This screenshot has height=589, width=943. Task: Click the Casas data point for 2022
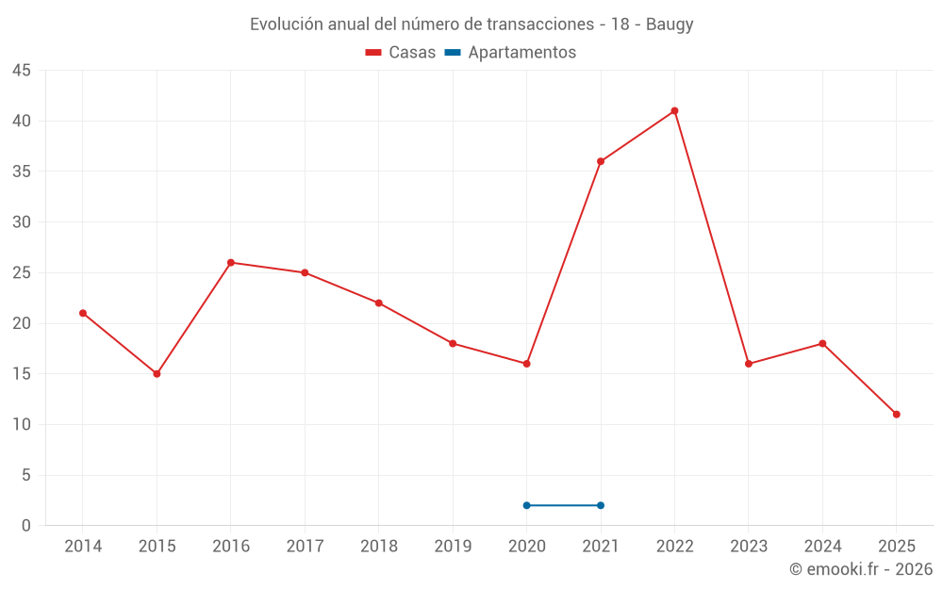pos(674,111)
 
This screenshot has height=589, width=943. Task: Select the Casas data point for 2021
pos(601,161)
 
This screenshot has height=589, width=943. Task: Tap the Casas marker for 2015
pos(157,374)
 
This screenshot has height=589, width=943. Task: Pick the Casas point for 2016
pos(231,263)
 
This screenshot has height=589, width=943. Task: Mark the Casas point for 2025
pos(896,415)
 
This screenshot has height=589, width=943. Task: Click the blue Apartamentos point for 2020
pos(526,505)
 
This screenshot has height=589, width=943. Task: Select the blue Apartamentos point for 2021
pos(601,505)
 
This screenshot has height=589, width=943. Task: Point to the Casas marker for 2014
pos(83,313)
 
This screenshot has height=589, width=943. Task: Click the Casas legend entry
pos(401,53)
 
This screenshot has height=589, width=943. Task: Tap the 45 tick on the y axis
pos(22,71)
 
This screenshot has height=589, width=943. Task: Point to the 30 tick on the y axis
pos(22,222)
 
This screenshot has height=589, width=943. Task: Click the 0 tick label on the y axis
pos(26,526)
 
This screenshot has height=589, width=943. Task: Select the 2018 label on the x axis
pos(378,547)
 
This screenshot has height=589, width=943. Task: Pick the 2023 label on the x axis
pos(748,547)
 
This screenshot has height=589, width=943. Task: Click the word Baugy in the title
pos(670,25)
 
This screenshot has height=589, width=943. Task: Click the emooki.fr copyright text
pos(860,569)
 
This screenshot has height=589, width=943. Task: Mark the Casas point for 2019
pos(453,344)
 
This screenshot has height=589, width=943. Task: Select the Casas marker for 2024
pos(822,344)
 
